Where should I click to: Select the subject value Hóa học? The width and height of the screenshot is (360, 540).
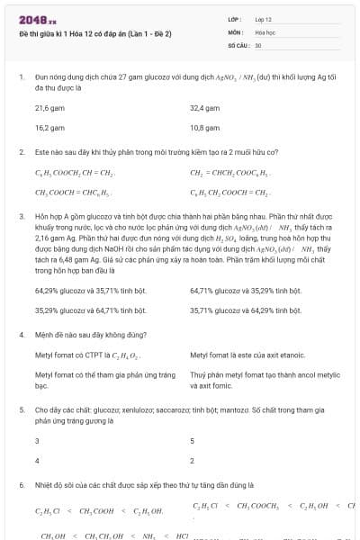click(265, 31)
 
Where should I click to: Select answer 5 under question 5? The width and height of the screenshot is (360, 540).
click(193, 440)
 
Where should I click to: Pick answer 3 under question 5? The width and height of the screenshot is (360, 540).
click(37, 440)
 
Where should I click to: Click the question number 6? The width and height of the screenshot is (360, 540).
click(21, 484)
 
